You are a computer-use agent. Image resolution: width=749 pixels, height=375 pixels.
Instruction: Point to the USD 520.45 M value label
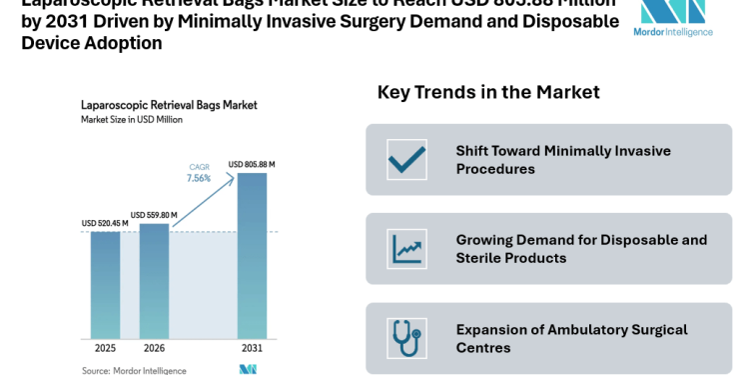(x=102, y=223)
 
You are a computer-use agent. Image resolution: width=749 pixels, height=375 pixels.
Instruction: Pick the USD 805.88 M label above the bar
(x=252, y=164)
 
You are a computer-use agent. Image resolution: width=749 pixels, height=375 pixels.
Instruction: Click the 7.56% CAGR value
(x=199, y=178)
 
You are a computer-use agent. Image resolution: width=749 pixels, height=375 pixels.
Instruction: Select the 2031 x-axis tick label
(x=252, y=348)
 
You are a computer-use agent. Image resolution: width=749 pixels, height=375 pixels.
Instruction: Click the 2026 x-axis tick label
(x=154, y=348)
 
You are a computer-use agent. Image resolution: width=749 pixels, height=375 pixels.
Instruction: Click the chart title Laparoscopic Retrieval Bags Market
(x=169, y=104)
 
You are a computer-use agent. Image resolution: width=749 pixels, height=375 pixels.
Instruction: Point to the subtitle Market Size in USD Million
(x=132, y=119)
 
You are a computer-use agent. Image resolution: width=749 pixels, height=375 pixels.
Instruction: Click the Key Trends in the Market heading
(x=488, y=92)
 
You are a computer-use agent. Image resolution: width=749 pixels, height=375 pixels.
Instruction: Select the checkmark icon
(x=406, y=160)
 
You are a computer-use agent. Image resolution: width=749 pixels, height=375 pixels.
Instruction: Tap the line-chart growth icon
(x=406, y=249)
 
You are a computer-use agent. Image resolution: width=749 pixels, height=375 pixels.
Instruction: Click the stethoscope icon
(x=406, y=338)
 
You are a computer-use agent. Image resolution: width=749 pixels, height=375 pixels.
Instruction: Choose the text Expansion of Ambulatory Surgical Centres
(x=570, y=338)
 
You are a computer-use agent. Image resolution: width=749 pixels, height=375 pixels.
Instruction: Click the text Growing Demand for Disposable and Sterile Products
(x=581, y=249)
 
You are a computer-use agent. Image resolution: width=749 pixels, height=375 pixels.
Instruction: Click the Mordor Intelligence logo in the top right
(x=673, y=18)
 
